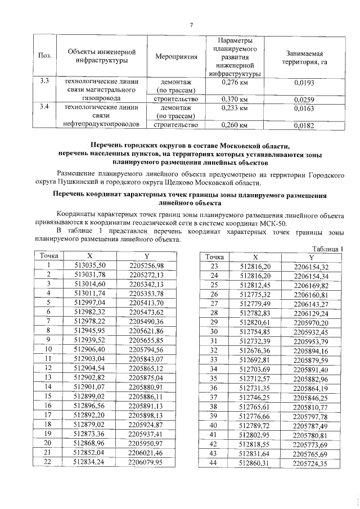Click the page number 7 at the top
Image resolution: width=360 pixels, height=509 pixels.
pyautogui.click(x=191, y=24)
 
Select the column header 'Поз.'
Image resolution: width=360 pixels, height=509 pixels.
pyautogui.click(x=44, y=56)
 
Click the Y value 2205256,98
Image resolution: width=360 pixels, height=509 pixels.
pyautogui.click(x=146, y=265)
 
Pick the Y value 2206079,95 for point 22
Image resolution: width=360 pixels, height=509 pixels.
pyautogui.click(x=146, y=462)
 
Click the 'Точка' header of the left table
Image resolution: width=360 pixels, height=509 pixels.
pyautogui.click(x=49, y=256)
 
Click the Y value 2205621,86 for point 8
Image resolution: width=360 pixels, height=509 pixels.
pyautogui.click(x=146, y=331)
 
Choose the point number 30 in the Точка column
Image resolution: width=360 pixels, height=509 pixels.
pyautogui.click(x=213, y=332)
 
